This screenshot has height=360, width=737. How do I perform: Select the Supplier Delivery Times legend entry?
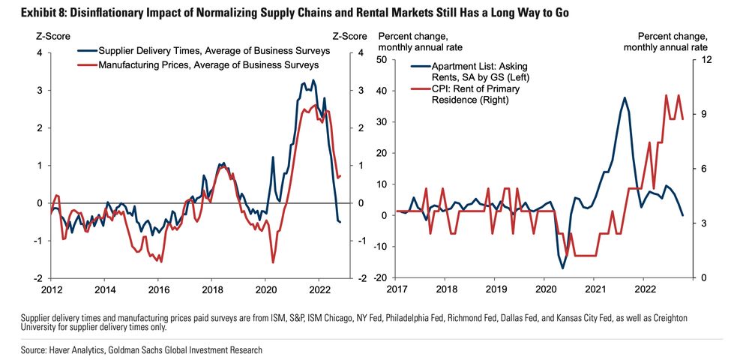tap(203, 51)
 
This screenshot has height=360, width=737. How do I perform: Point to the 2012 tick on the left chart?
tap(51, 289)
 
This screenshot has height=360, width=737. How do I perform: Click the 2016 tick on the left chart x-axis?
tap(158, 289)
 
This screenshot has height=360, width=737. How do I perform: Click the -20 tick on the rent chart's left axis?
tap(379, 277)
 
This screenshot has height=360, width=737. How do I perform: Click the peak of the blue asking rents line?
tap(624, 97)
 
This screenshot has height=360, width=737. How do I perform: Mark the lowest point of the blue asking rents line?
tap(563, 268)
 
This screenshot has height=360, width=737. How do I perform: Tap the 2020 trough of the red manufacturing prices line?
tap(273, 262)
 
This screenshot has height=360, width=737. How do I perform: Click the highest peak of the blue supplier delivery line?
tap(313, 80)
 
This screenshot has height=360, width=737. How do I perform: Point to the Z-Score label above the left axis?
tap(49, 35)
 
